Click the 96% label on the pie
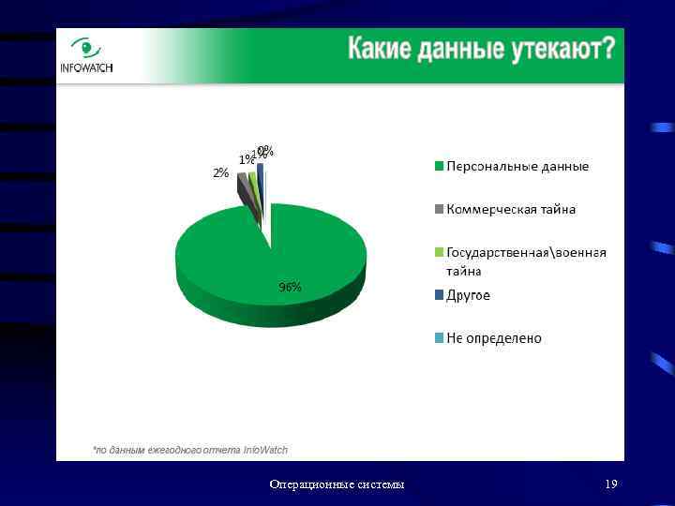[290, 288]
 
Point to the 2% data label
[220, 172]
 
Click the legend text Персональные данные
[517, 167]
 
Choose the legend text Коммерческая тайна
[511, 209]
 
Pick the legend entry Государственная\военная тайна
[526, 261]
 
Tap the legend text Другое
[468, 295]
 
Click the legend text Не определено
[494, 338]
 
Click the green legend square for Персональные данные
[438, 167]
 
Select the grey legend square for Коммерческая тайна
[438, 209]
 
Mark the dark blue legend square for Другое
[438, 295]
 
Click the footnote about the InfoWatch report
[190, 450]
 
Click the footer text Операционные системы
[337, 484]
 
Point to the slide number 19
[611, 484]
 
